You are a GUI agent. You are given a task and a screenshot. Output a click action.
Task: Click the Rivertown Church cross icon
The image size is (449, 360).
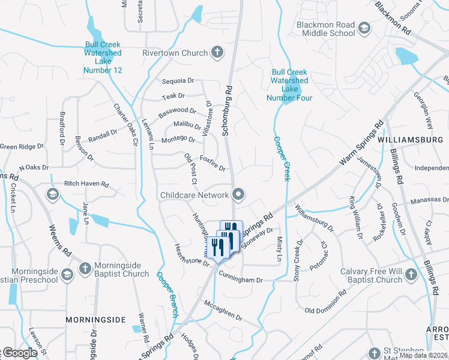[x=217, y=53]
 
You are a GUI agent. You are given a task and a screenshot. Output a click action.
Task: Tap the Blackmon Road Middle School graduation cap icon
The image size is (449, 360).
[x=364, y=28]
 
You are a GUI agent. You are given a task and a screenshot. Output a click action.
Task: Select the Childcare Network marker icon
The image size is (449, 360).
[x=239, y=194]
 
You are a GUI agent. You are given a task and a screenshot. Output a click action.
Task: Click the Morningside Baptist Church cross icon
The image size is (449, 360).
[x=85, y=268]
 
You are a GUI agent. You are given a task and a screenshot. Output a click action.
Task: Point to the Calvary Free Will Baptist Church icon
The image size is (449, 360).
[x=411, y=274]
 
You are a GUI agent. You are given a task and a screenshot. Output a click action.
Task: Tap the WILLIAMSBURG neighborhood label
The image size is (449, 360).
[x=411, y=140]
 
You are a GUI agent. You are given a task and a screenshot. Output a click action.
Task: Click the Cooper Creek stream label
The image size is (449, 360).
[x=282, y=158]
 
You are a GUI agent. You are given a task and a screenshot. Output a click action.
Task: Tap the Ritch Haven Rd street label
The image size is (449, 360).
[x=86, y=184]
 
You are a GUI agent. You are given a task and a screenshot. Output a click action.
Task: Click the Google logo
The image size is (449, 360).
[x=20, y=353]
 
